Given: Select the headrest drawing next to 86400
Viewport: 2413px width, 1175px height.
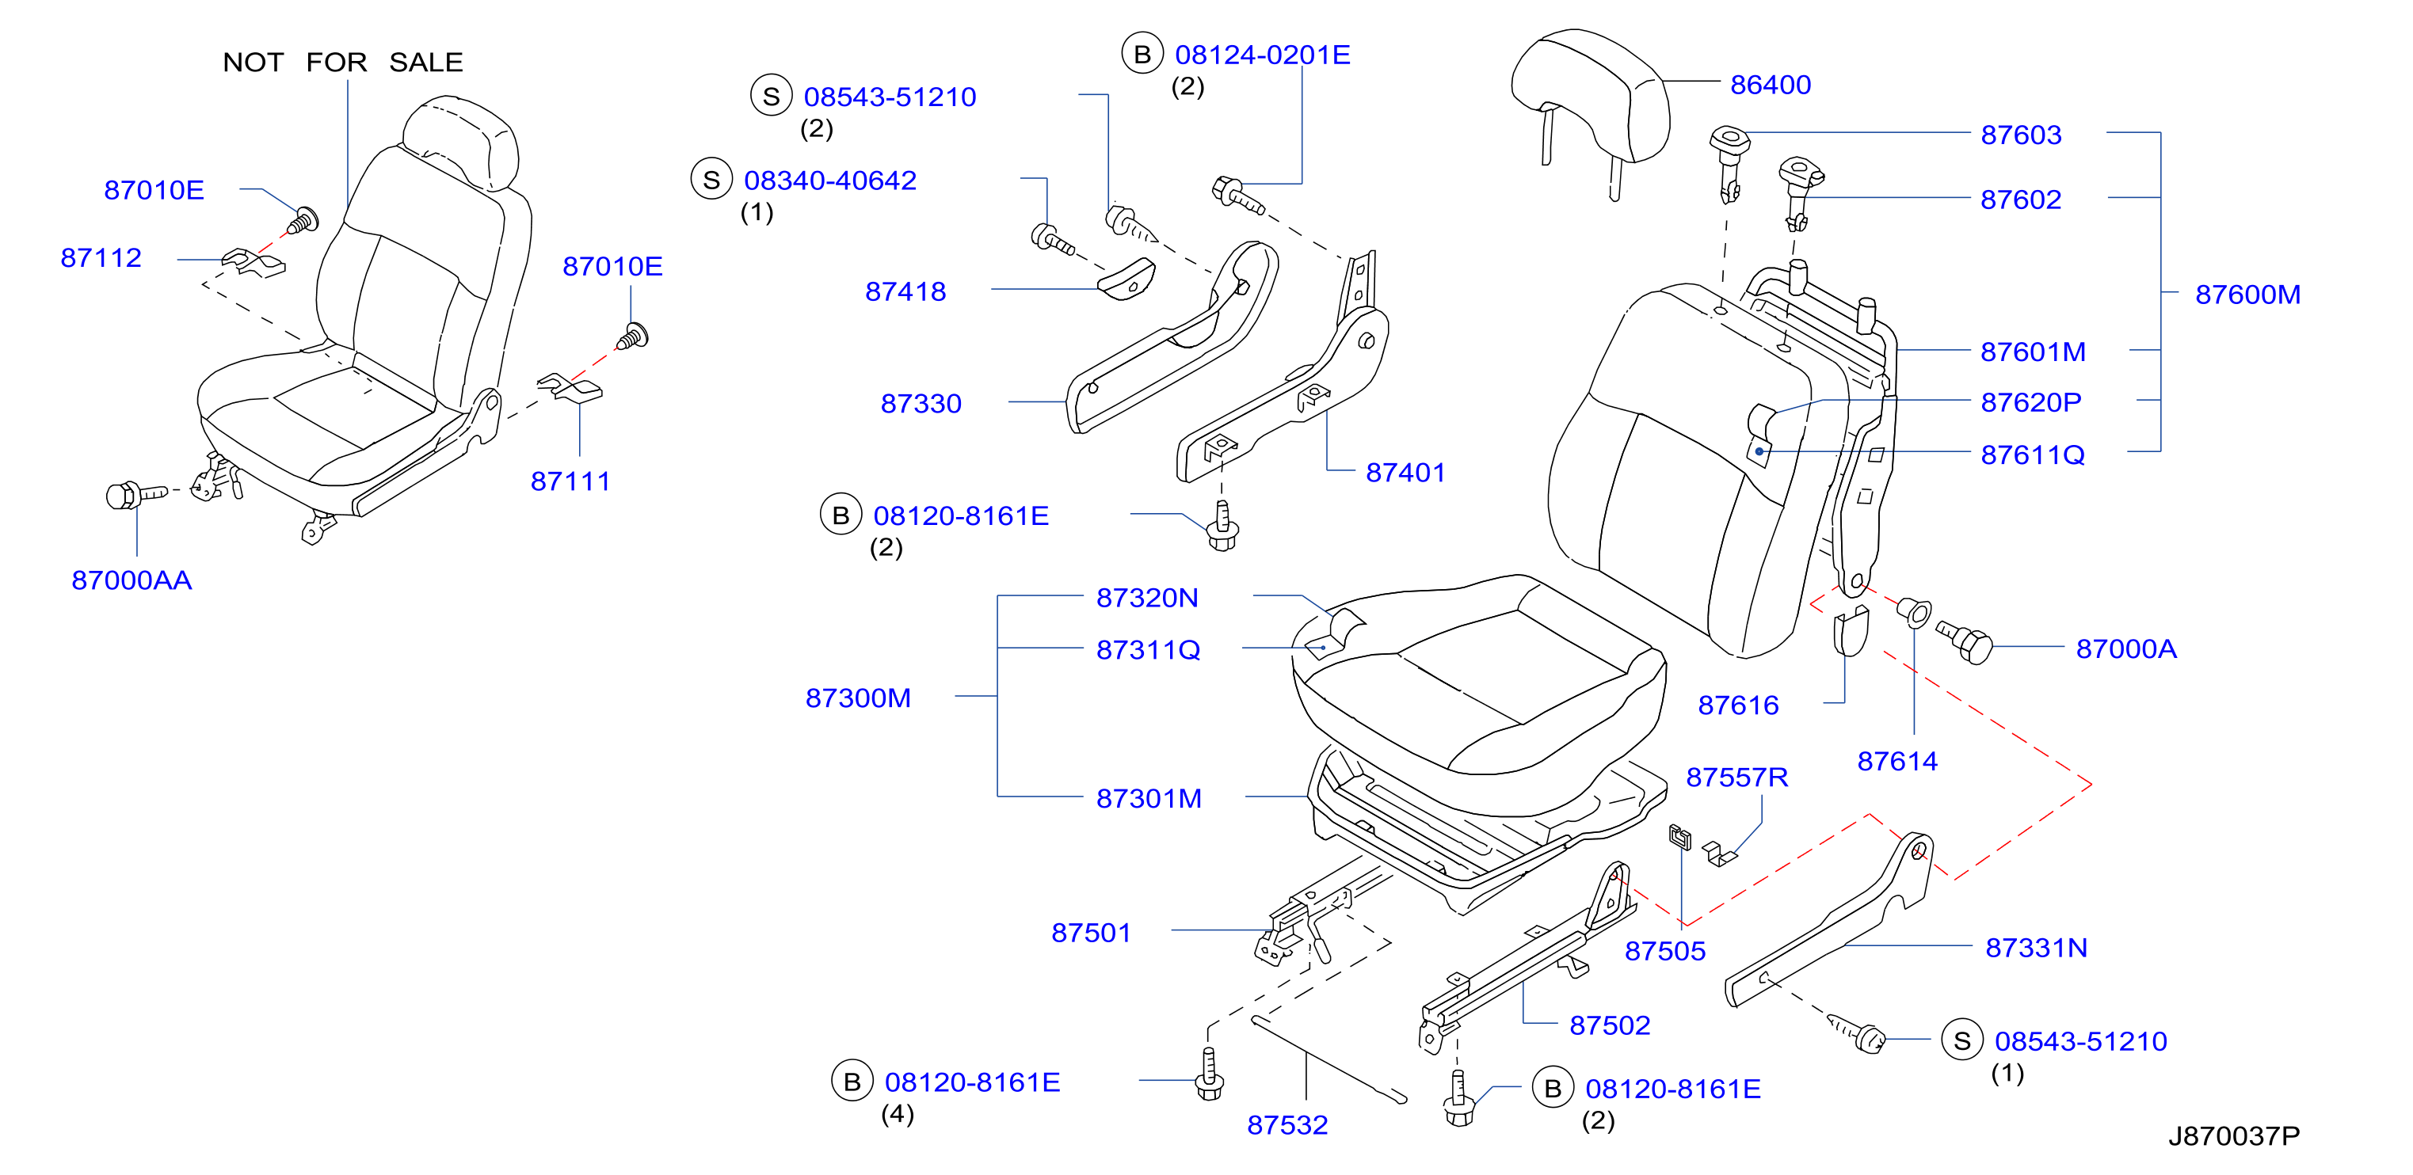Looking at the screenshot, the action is (1590, 108).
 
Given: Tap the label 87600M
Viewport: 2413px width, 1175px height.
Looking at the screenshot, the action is (2247, 295).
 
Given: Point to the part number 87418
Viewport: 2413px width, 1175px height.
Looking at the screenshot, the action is (905, 292).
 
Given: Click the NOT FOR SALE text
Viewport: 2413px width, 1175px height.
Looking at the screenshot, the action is (343, 63).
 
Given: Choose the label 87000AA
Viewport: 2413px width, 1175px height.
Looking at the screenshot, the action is (132, 580).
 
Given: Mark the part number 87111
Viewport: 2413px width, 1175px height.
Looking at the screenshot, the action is (570, 481).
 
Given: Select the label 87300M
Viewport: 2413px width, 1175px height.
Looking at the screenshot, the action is (858, 698).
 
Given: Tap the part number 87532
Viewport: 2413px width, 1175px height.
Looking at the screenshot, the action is (1287, 1125).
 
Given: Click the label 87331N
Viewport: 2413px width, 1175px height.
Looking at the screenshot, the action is (2037, 949).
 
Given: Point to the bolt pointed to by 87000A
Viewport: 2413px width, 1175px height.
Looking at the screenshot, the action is (1965, 642).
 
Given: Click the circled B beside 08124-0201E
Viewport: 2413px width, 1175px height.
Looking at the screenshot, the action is (1142, 55).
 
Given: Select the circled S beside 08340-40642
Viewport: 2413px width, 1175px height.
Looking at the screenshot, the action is (711, 179).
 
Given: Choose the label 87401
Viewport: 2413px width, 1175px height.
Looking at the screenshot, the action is (1405, 473).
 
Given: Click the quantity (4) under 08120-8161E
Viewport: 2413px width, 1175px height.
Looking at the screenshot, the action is (898, 1114).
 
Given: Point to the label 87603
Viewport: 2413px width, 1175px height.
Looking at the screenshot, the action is (2021, 135).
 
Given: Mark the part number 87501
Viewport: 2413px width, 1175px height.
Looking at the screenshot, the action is (1092, 934).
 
